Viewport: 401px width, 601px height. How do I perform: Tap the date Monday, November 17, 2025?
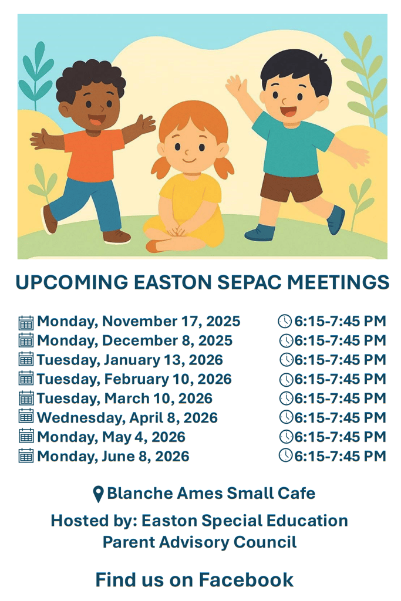[x=139, y=321]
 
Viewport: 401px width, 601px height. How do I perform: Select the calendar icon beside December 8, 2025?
[x=26, y=340]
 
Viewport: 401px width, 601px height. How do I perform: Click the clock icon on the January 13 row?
[x=286, y=360]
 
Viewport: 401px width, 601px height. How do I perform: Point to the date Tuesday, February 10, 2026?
[x=134, y=379]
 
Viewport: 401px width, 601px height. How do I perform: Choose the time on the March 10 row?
[x=340, y=399]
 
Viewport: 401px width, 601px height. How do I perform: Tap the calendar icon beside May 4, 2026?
[x=26, y=436]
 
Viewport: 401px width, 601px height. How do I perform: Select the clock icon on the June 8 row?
[x=286, y=455]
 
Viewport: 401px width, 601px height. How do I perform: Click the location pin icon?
[x=99, y=494]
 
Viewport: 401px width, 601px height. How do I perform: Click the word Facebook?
[x=246, y=579]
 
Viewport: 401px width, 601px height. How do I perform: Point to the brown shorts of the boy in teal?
[x=291, y=188]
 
